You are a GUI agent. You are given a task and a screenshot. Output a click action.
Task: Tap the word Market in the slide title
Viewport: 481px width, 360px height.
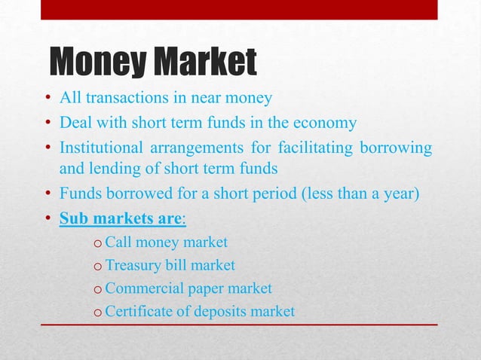(205, 63)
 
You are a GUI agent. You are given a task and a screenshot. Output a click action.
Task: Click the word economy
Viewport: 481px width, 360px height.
(328, 124)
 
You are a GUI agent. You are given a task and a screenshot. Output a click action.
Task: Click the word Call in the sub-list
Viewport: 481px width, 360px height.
(119, 243)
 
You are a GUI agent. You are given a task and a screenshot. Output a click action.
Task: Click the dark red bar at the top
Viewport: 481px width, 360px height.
(239, 10)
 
